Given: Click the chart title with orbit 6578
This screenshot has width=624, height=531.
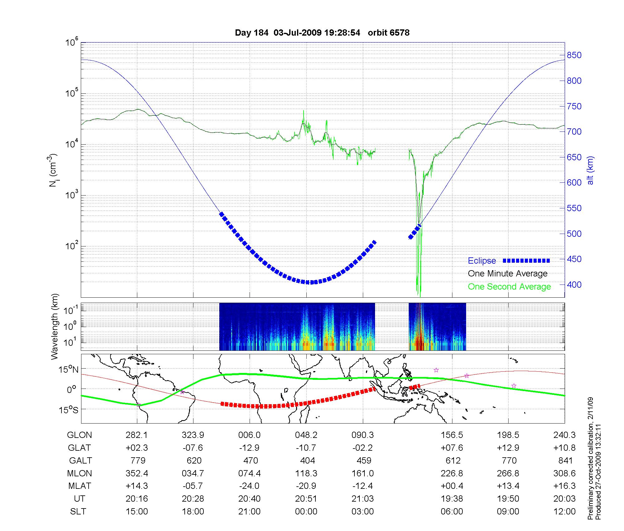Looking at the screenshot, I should (x=322, y=33).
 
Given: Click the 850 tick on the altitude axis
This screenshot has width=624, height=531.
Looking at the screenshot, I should (x=574, y=55).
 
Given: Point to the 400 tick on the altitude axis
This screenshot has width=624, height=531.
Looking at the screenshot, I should (x=574, y=285).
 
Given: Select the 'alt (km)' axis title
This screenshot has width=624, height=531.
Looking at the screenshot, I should (x=590, y=170).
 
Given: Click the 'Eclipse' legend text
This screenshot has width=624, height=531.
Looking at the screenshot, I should (x=482, y=261).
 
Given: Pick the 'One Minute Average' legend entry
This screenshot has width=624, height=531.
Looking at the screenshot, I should (x=508, y=274).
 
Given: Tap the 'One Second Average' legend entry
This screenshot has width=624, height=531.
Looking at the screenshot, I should (x=509, y=287).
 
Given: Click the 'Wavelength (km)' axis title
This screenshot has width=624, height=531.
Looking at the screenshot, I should (x=55, y=326).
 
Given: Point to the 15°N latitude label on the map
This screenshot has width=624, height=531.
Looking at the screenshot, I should (x=69, y=370).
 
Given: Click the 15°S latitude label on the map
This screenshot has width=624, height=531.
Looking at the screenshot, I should (x=69, y=409).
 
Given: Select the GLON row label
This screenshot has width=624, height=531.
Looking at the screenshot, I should (x=80, y=435).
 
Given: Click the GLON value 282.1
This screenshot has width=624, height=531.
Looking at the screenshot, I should (x=137, y=435).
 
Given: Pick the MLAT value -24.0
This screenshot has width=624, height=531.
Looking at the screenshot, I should (x=249, y=486).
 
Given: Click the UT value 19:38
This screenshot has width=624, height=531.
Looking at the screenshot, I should (x=452, y=499).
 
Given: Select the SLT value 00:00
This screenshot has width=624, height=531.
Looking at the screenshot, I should (x=306, y=512).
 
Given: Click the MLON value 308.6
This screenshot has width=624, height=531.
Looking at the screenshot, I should (x=564, y=473).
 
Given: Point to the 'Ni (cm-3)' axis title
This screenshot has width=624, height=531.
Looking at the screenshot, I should (x=52, y=170).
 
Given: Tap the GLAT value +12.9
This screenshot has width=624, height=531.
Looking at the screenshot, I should (x=508, y=448).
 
